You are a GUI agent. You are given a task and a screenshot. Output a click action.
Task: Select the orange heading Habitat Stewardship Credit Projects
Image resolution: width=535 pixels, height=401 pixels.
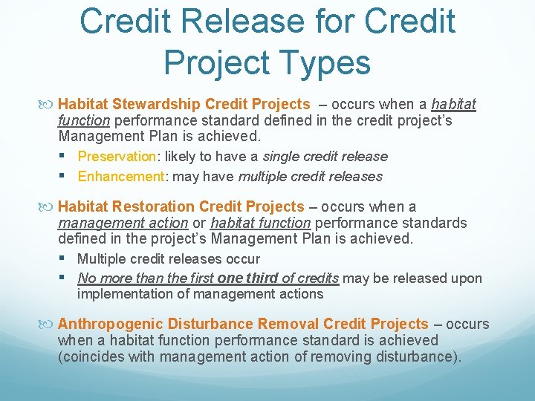pos(184,104)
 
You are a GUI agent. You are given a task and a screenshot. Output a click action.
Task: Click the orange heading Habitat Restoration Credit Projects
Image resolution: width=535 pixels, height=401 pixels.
pos(181,206)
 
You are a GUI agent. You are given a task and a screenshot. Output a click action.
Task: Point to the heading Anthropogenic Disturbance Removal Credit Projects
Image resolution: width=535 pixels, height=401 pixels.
pos(243,324)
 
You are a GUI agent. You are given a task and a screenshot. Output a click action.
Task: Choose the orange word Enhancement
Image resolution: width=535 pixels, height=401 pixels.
pos(120,177)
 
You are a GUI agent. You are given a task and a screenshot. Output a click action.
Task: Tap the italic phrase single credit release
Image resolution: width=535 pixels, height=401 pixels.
pos(325,157)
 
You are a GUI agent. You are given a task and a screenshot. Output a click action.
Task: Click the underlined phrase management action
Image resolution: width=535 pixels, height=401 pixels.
pos(123,223)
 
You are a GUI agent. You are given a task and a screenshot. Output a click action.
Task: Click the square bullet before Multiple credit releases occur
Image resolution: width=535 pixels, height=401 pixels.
pos(67,258)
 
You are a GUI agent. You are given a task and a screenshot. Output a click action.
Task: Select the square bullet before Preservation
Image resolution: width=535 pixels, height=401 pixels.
pos(67,156)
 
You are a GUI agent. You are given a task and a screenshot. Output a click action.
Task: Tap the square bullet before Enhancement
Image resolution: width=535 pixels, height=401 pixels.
pos(67,176)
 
